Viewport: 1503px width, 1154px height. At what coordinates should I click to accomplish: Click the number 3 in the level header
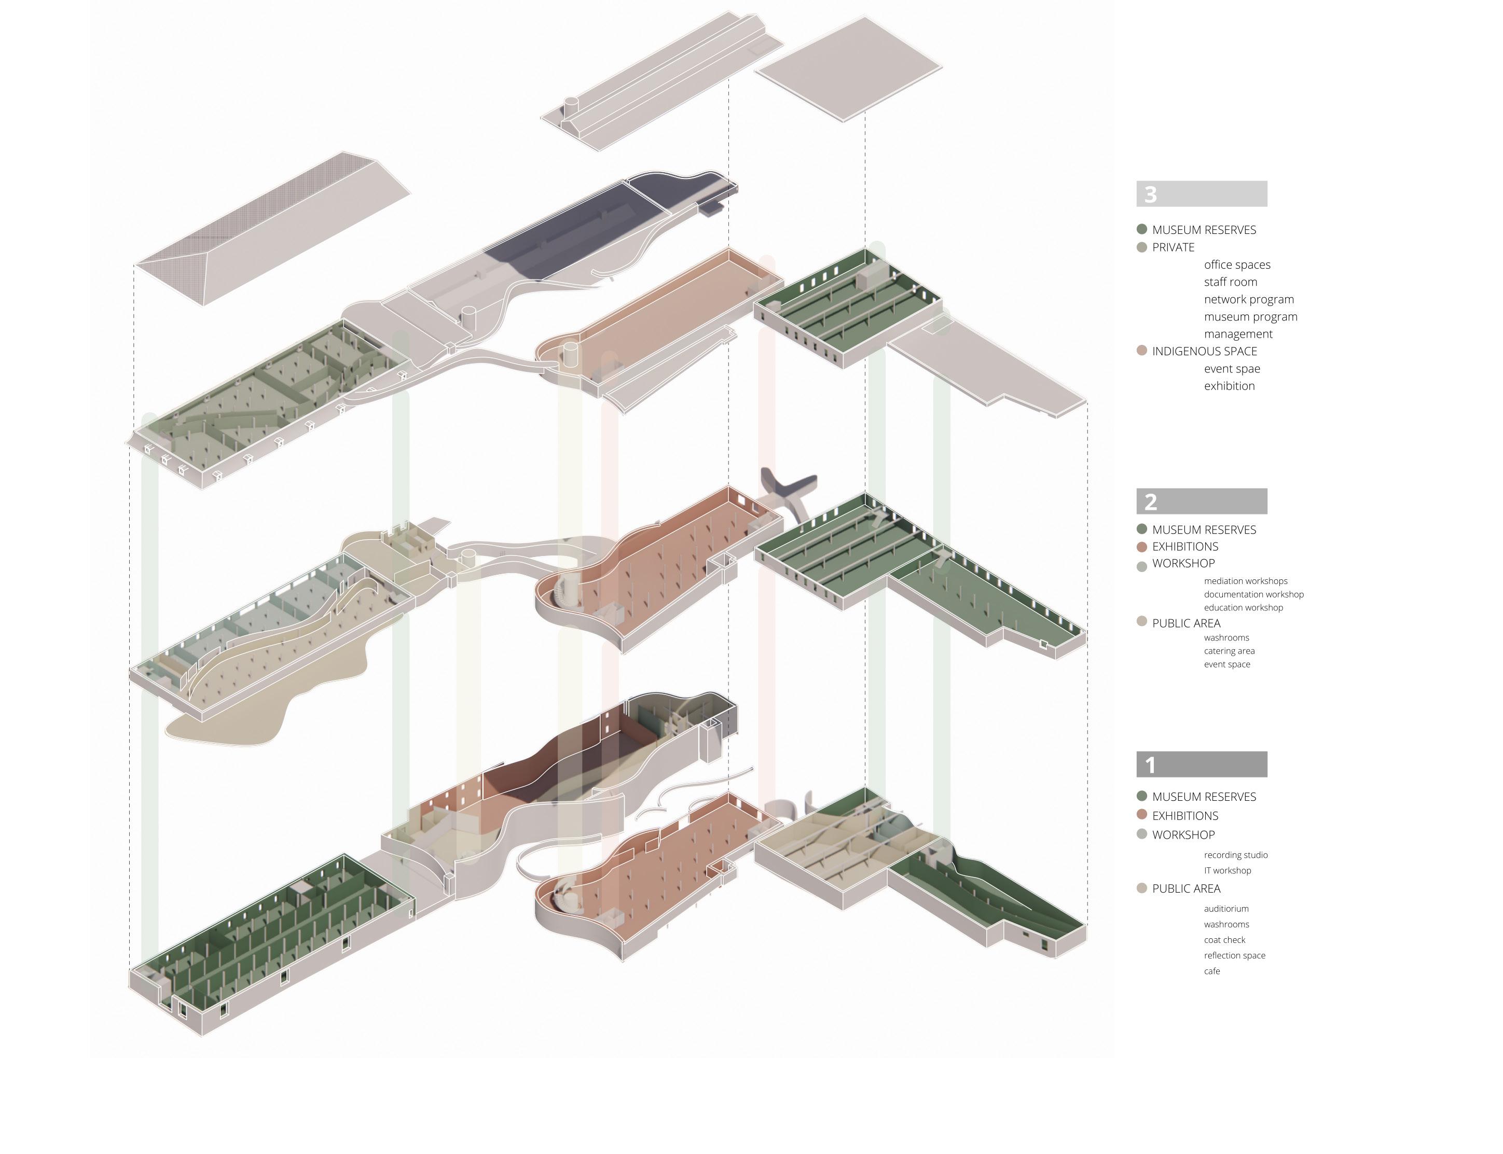1151,194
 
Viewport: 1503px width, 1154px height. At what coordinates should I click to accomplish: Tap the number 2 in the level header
1151,502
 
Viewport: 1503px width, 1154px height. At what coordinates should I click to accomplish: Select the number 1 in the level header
1150,764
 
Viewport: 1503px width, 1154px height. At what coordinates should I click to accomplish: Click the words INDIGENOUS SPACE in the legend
1204,351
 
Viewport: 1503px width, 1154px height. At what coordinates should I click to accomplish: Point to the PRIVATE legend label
1173,247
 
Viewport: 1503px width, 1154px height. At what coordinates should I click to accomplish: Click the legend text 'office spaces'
1236,265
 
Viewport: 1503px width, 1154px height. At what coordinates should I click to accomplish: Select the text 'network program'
1248,299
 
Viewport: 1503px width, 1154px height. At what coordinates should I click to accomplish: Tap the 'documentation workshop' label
1253,594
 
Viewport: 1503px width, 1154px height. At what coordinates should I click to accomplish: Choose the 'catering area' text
1229,651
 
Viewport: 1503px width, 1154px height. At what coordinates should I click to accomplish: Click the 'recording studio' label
1235,855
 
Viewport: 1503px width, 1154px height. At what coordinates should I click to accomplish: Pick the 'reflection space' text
1234,955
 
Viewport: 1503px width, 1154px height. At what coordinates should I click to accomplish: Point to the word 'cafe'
1212,971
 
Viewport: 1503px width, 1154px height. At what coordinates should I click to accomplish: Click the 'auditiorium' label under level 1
1225,909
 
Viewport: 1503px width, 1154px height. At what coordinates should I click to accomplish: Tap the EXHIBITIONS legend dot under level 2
1142,547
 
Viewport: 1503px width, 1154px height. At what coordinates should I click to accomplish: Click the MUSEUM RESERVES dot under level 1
1142,796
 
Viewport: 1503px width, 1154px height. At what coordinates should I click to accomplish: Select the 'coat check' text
1224,940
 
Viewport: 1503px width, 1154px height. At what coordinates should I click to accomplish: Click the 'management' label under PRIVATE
1238,334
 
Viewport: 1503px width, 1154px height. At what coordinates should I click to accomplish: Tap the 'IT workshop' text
1227,870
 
